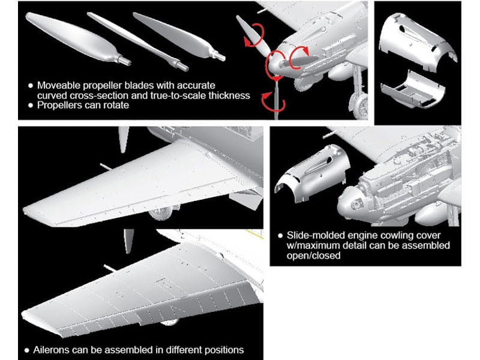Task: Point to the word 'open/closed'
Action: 313,256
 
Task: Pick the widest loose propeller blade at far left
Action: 78,38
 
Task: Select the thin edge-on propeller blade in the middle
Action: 138,41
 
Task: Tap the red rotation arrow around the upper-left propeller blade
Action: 254,35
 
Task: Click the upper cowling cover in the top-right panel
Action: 418,40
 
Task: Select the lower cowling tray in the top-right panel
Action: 412,89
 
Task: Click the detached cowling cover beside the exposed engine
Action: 312,173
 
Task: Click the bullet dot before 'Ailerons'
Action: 26,350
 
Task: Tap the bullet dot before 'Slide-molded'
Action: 280,236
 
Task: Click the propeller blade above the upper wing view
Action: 124,139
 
